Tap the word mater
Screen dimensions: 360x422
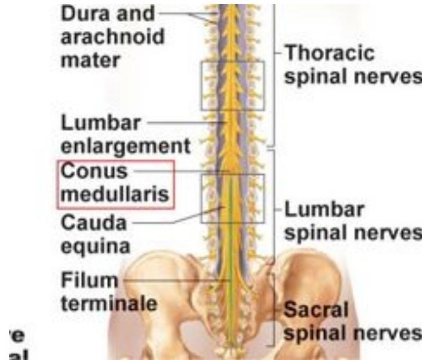86,59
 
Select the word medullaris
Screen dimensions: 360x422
116,194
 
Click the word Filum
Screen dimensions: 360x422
87,281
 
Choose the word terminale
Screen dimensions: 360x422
108,303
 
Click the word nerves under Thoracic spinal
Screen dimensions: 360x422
388,76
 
